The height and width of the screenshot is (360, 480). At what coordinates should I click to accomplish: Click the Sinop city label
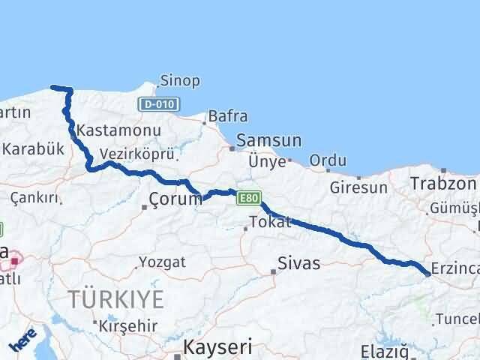(181, 80)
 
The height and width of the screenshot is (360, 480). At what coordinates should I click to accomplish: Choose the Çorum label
(175, 199)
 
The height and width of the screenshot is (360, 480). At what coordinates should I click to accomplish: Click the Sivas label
(298, 263)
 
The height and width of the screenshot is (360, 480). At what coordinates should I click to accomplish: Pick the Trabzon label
(443, 183)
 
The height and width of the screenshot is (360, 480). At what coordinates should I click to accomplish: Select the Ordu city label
(328, 160)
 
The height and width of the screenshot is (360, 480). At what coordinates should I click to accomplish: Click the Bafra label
(227, 116)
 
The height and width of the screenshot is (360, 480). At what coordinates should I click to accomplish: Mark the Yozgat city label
(159, 263)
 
